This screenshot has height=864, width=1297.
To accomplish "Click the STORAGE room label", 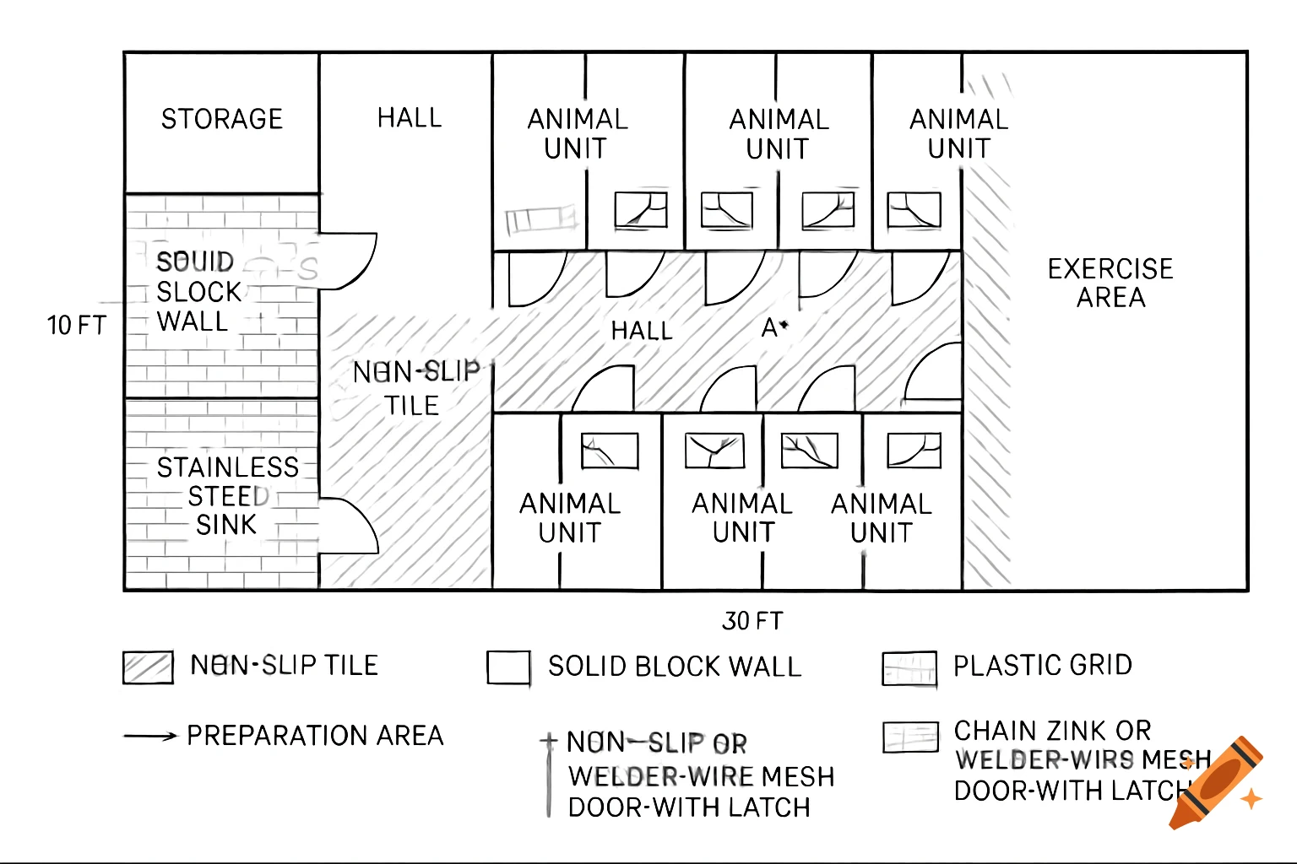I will (222, 119).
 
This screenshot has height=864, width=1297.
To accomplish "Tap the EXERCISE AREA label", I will (1110, 283).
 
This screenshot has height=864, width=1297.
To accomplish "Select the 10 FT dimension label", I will (77, 326).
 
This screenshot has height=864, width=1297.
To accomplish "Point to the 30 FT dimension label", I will (752, 621).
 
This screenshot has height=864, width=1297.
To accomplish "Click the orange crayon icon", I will (1217, 782).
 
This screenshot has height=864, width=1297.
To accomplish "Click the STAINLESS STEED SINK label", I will (227, 496).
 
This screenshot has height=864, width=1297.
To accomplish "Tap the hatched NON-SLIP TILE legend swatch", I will (148, 667).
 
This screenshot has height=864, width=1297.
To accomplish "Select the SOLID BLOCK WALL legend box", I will (508, 667).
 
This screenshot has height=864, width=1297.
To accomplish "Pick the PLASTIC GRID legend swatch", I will (909, 668).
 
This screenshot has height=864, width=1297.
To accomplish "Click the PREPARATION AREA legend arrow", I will (150, 737).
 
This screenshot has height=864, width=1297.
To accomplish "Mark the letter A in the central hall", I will (769, 327).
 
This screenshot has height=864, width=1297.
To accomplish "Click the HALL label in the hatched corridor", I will (642, 331).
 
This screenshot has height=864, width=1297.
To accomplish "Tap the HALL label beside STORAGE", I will (410, 117).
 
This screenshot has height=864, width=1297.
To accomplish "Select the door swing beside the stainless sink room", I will (348, 526).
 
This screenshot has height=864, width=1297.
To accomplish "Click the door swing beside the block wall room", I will (347, 261).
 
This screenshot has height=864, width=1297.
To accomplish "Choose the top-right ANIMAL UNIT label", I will (958, 134).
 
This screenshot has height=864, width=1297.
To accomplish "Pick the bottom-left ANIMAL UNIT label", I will (570, 518).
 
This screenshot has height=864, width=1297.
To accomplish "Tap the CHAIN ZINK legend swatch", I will (910, 737).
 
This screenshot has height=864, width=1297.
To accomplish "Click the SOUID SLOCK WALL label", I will (198, 291).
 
